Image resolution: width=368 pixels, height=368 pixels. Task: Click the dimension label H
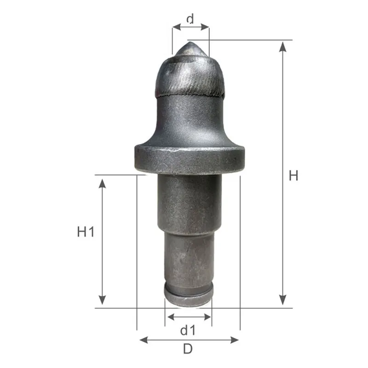(293, 175)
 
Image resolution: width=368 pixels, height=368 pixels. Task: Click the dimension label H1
(86, 232)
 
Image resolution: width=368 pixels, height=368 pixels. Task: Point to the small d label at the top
(190, 19)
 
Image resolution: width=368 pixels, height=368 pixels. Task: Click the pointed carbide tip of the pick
(190, 47)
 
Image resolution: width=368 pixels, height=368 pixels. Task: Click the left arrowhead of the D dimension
(142, 340)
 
